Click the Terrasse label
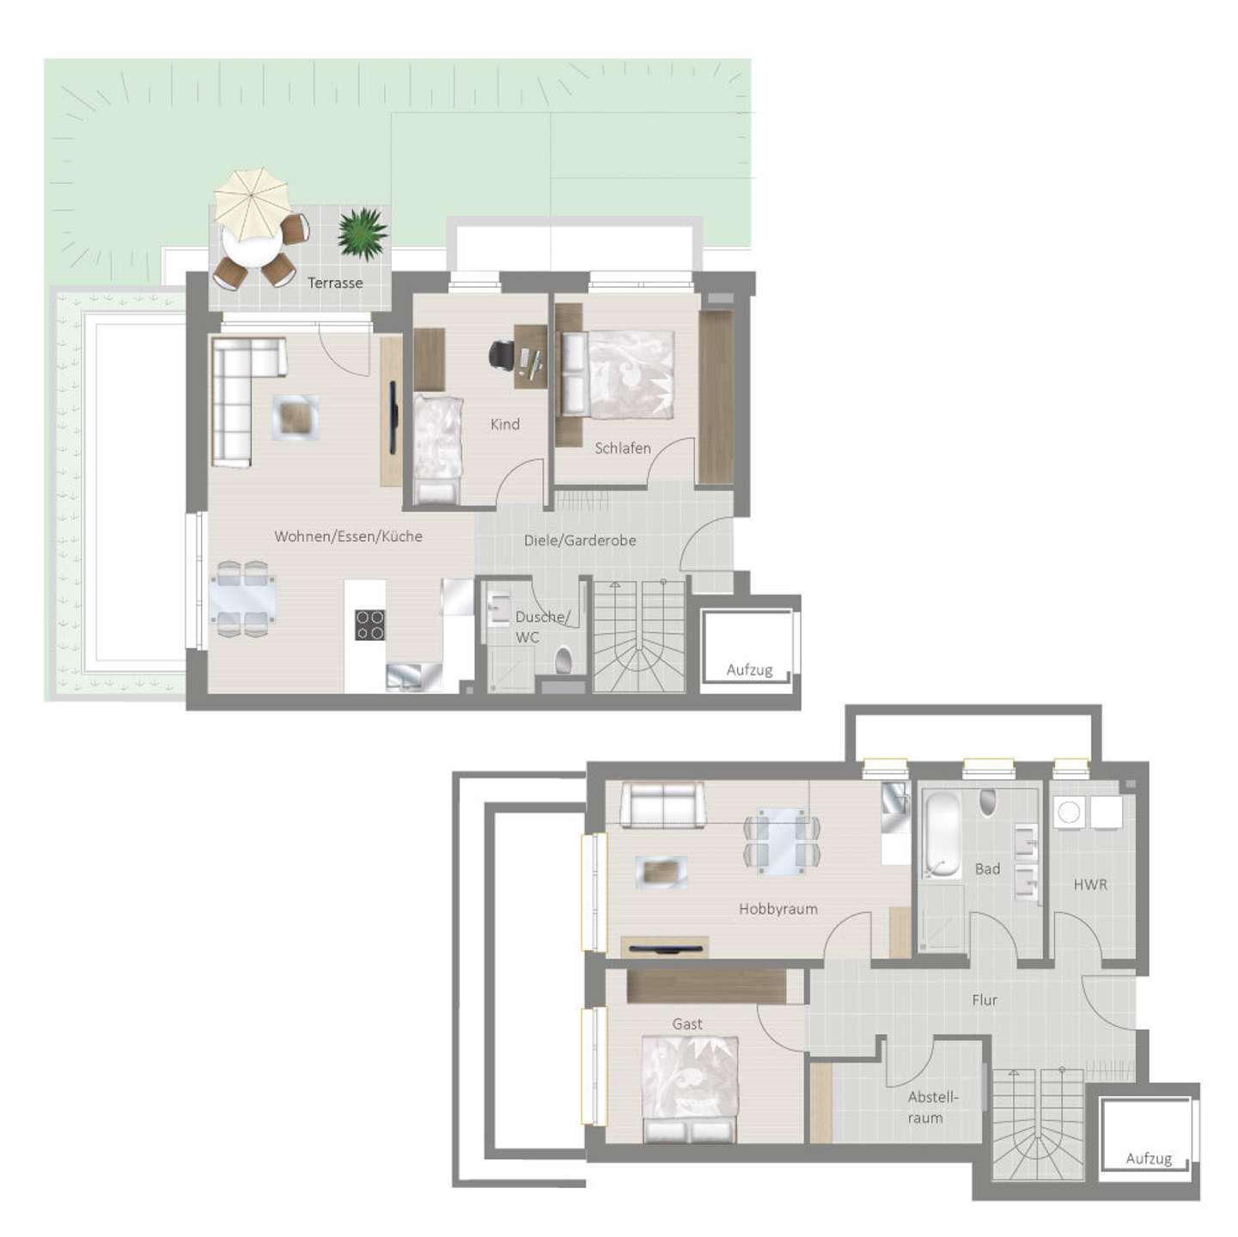[x=335, y=283]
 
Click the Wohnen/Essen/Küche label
[x=348, y=536]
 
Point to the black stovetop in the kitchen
[x=370, y=625]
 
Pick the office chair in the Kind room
[x=503, y=353]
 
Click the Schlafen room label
[x=623, y=448]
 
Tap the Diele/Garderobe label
[x=580, y=540]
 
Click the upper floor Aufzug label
[x=749, y=670]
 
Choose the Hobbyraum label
[x=778, y=908]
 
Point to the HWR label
[x=1090, y=883]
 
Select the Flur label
[x=985, y=1000]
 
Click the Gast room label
[x=687, y=1024]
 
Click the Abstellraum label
[x=932, y=1107]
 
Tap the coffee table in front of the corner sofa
[x=296, y=418]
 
